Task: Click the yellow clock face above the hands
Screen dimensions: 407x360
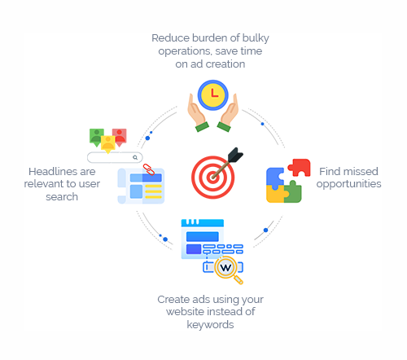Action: tap(213, 95)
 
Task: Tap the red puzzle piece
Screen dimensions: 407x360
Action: tap(300, 167)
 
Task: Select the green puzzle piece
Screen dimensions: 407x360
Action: tap(293, 192)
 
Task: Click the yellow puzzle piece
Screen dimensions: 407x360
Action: tap(275, 195)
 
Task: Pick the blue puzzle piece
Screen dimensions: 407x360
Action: tap(274, 178)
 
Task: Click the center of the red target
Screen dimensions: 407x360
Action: tap(212, 178)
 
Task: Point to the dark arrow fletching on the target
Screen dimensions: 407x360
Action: tap(235, 155)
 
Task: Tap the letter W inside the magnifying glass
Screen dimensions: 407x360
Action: tap(225, 268)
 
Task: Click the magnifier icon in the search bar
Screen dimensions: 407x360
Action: tap(135, 157)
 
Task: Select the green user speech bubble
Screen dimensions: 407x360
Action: tap(96, 137)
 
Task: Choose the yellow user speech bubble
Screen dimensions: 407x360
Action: tap(108, 144)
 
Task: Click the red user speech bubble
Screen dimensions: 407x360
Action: tap(120, 137)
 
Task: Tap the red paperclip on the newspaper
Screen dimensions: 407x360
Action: tap(149, 169)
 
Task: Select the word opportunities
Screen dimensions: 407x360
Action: tap(348, 184)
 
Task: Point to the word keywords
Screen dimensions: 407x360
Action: tap(210, 325)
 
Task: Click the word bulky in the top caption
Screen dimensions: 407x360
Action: tap(256, 38)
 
